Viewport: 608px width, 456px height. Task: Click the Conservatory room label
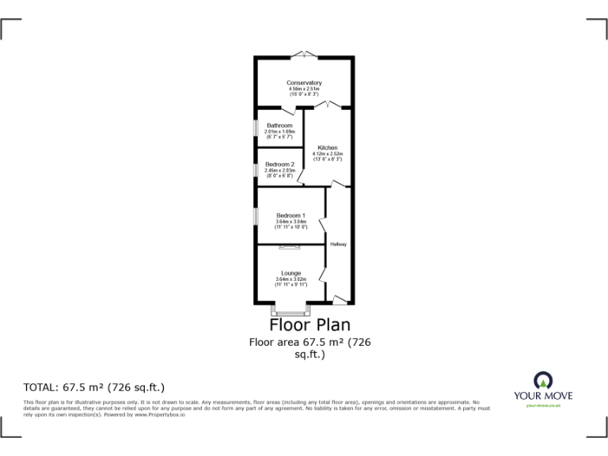click(304, 83)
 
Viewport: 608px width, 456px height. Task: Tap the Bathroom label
click(279, 126)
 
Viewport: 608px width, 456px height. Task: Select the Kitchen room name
click(328, 148)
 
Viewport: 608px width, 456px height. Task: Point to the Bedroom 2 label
click(279, 164)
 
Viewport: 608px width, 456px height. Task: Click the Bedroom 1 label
click(291, 215)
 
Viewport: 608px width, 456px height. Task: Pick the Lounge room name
click(291, 273)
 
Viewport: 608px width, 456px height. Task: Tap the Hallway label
click(339, 244)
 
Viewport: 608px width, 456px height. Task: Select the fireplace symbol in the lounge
click(291, 248)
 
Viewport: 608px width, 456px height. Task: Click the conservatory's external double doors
click(304, 55)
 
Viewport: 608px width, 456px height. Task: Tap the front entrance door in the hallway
click(339, 299)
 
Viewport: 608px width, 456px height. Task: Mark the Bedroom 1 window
click(255, 215)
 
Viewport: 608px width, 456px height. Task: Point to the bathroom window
click(255, 127)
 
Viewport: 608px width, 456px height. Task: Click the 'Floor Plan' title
click(310, 325)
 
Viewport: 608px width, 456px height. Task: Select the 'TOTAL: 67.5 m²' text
click(94, 387)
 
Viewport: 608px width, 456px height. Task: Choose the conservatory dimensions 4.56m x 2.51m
click(304, 89)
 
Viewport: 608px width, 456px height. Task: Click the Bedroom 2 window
click(255, 169)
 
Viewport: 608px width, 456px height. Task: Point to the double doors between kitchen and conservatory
click(327, 104)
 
